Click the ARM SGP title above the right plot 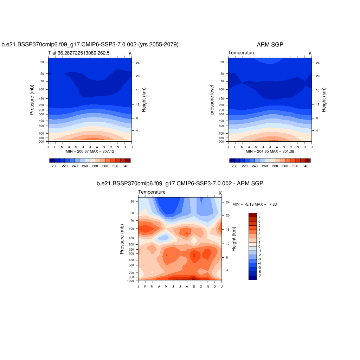[x=270, y=45]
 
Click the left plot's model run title [x=90, y=45]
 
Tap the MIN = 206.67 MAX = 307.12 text [x=90, y=151]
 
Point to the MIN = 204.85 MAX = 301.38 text [x=270, y=151]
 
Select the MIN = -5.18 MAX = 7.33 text [x=255, y=204]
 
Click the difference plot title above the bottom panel [x=180, y=184]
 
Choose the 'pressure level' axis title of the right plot [x=212, y=99]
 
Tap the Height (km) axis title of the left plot [x=144, y=100]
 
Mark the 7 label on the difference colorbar [x=259, y=217]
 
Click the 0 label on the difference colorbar [x=259, y=246]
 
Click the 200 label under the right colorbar [x=234, y=166]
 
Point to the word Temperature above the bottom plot [x=152, y=192]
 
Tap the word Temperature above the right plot [x=242, y=53]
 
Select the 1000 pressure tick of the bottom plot [x=131, y=281]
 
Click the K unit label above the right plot [x=310, y=53]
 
